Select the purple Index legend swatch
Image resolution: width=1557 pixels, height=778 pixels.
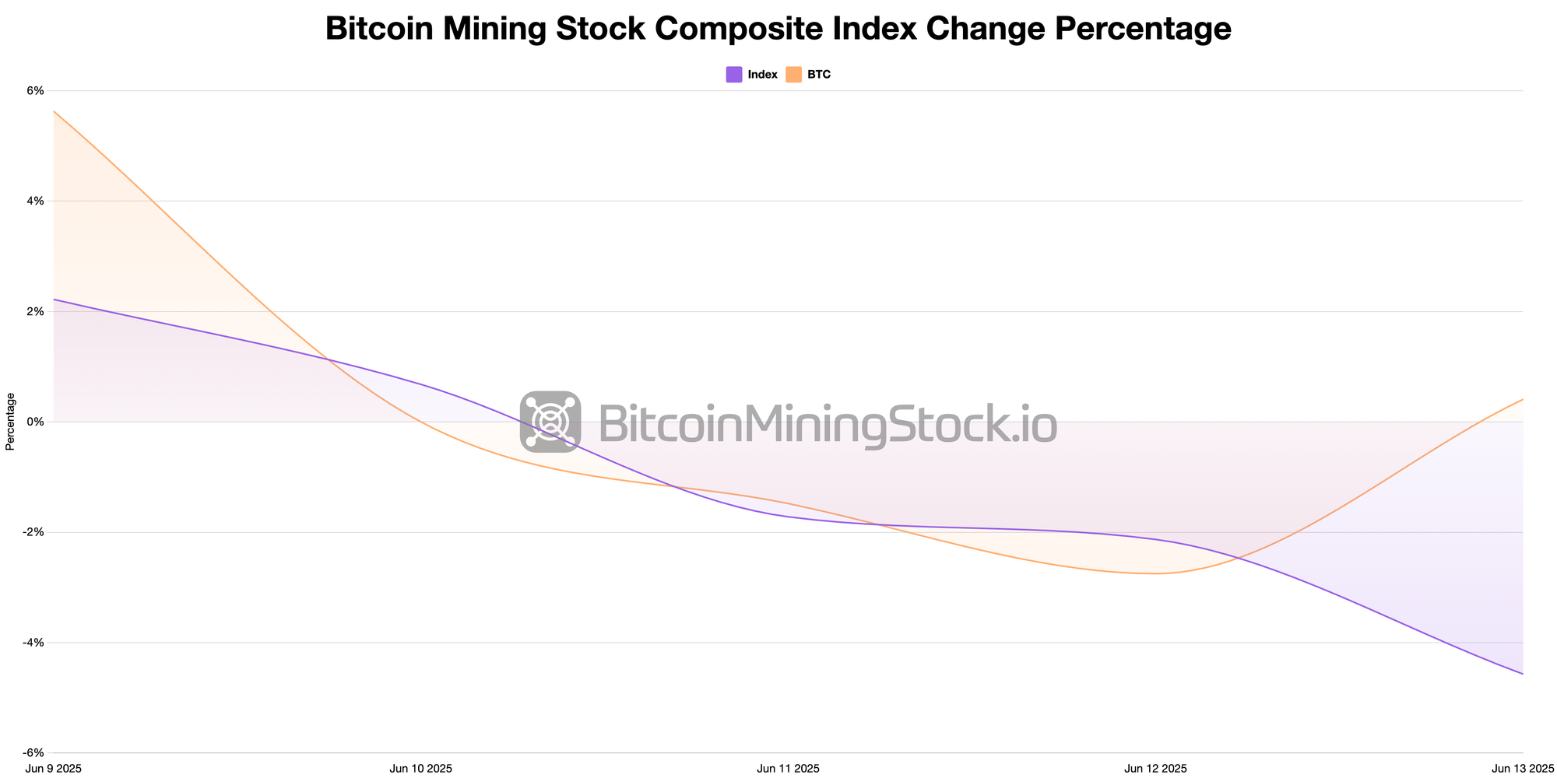pyautogui.click(x=733, y=75)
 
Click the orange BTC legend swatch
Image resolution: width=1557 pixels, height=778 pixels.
pyautogui.click(x=793, y=75)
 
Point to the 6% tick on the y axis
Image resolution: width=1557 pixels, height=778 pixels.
pyautogui.click(x=35, y=91)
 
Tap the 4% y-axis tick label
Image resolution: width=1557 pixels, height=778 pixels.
pyautogui.click(x=35, y=202)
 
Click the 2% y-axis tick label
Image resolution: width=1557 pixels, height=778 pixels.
pyautogui.click(x=35, y=312)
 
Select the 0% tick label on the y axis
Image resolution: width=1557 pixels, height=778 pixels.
pyautogui.click(x=35, y=422)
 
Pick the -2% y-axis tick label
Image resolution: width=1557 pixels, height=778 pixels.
pyautogui.click(x=33, y=532)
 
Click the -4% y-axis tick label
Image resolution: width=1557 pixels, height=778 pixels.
pyautogui.click(x=33, y=643)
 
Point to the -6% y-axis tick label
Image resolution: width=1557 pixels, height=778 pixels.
pyautogui.click(x=33, y=753)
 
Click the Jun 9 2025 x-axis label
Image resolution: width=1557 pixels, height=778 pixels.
pyautogui.click(x=54, y=769)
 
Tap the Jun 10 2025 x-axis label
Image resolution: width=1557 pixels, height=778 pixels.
pyautogui.click(x=420, y=769)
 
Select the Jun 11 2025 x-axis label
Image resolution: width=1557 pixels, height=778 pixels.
pyautogui.click(x=788, y=769)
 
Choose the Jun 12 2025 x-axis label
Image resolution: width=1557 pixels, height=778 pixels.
pyautogui.click(x=1155, y=769)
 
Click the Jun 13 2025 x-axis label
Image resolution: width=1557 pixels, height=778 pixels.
pyautogui.click(x=1522, y=769)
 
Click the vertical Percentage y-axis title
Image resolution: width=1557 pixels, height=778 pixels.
pyautogui.click(x=10, y=422)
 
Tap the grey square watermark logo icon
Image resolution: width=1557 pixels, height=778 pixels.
pyautogui.click(x=550, y=422)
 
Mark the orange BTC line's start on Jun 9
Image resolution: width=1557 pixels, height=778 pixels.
pyautogui.click(x=54, y=111)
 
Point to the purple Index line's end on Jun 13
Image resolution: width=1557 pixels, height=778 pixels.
pyautogui.click(x=1522, y=674)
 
